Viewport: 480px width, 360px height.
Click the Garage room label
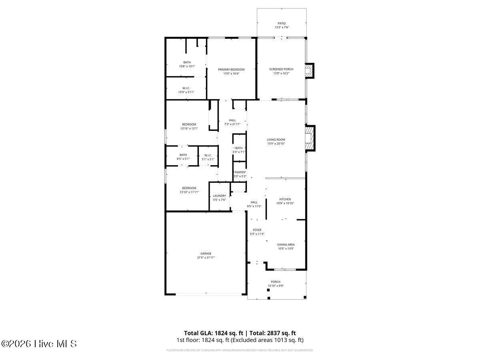click(206, 254)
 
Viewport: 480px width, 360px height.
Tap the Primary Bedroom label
click(231, 70)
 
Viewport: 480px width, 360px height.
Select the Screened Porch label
click(281, 69)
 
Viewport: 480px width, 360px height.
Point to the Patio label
click(282, 23)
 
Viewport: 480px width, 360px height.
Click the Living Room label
click(276, 140)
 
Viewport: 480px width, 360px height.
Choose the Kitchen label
click(285, 199)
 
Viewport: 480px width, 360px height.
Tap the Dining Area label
click(286, 244)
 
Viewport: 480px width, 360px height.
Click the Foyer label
click(257, 230)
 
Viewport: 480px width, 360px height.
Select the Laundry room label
click(220, 196)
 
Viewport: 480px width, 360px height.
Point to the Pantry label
click(240, 172)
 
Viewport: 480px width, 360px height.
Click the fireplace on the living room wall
click(310, 138)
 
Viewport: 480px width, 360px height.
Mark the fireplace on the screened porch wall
click(310, 71)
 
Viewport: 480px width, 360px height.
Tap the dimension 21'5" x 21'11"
click(206, 258)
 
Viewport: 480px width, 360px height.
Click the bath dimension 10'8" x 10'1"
click(187, 66)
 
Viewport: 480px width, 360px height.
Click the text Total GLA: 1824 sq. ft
click(213, 333)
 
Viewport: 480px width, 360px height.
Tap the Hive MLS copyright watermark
click(39, 344)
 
